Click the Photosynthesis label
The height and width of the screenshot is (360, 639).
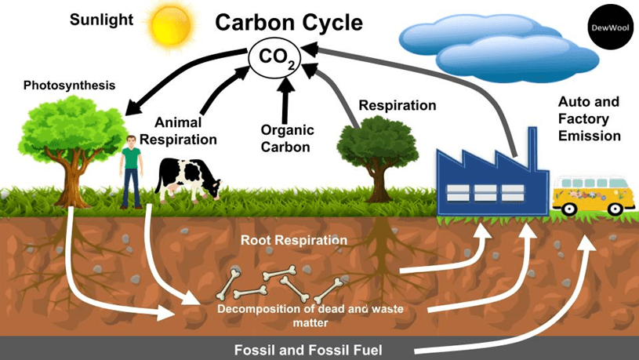(x=69, y=85)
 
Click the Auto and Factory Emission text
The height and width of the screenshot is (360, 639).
(x=589, y=119)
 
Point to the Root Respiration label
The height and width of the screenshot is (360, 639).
(x=293, y=240)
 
